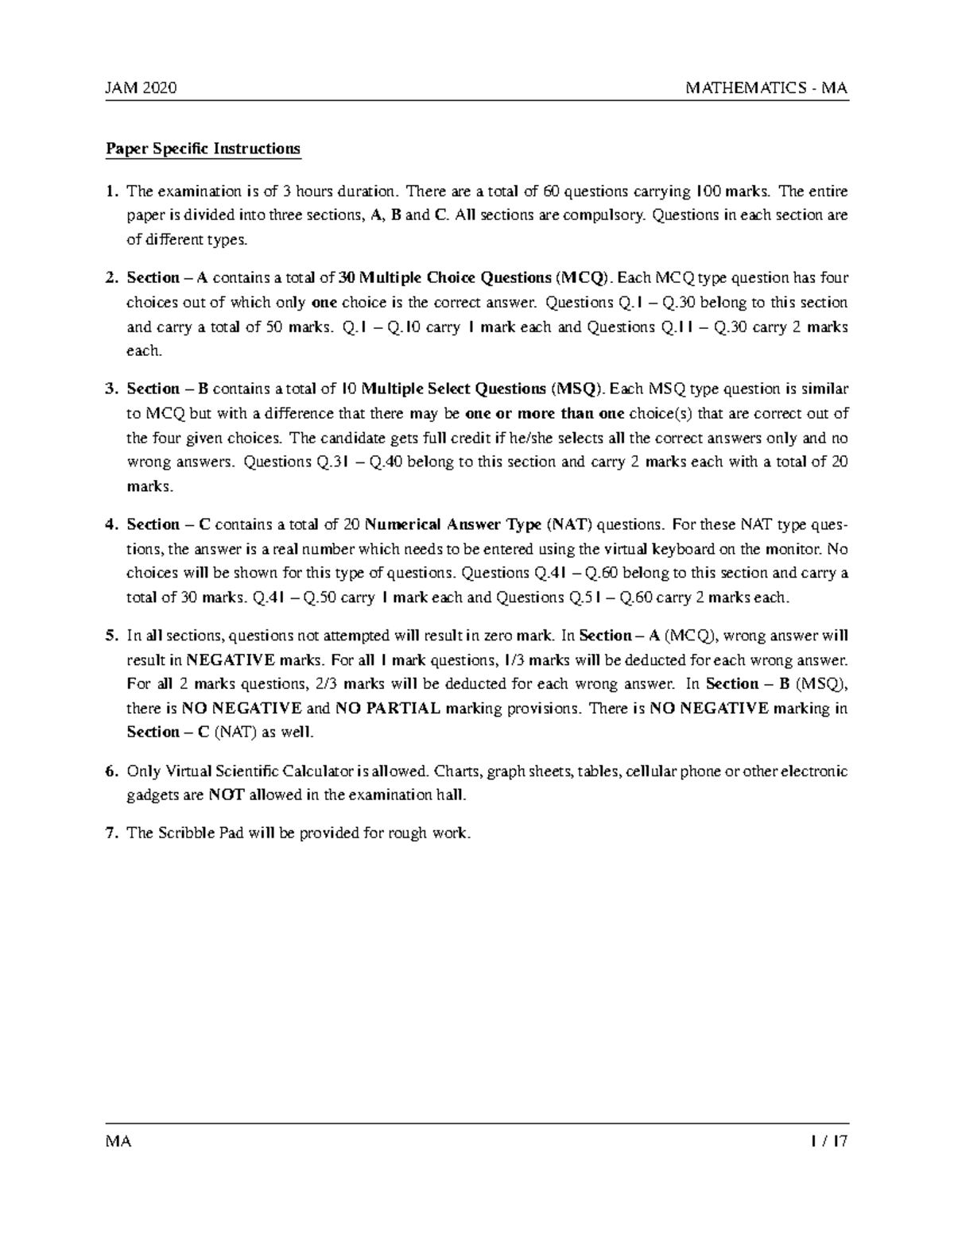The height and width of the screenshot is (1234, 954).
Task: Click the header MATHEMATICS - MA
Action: coord(766,88)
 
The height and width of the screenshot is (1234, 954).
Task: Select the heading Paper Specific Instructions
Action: coord(204,149)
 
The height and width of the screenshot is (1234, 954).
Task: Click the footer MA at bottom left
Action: coord(118,1142)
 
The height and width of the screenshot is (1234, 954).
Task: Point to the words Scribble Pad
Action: coord(199,833)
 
